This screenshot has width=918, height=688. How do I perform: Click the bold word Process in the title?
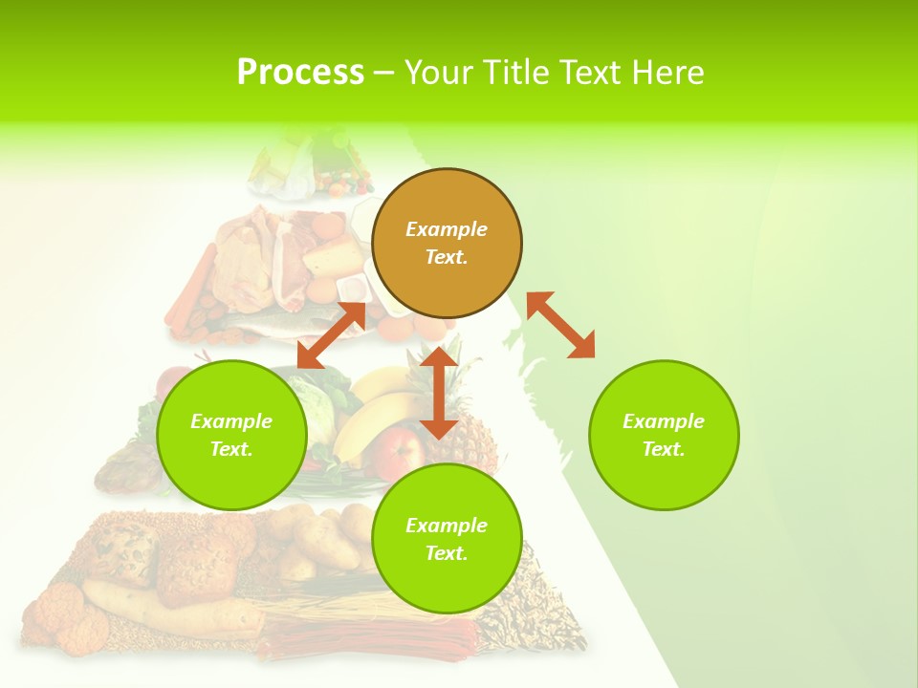click(x=300, y=73)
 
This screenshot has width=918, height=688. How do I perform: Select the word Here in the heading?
click(x=667, y=73)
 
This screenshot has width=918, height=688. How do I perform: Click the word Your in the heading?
click(x=439, y=73)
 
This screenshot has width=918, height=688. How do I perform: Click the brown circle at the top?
click(x=447, y=243)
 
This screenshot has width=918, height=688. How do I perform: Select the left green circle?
click(x=231, y=435)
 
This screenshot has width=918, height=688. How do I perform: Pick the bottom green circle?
click(x=447, y=539)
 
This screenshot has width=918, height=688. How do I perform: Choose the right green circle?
click(x=664, y=435)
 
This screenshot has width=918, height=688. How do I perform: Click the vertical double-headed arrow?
click(x=439, y=393)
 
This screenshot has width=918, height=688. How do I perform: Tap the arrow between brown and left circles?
click(x=331, y=335)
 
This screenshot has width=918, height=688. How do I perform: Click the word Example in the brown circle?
click(x=447, y=229)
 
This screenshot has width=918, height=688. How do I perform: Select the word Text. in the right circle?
click(x=664, y=449)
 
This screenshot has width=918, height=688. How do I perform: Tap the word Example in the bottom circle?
click(x=447, y=525)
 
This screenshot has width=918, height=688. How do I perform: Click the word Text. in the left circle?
click(x=231, y=449)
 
